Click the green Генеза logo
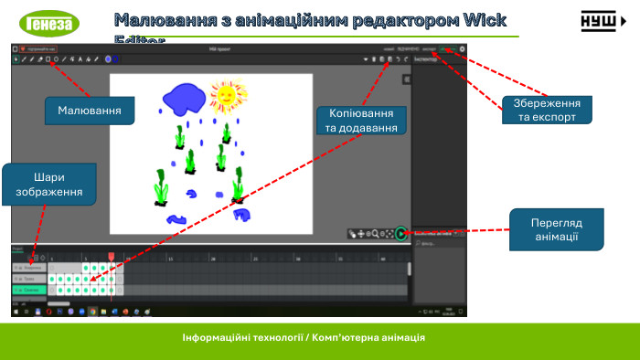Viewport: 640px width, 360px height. click(49, 22)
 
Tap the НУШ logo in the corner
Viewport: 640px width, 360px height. click(603, 22)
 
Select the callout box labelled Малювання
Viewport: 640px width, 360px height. click(90, 111)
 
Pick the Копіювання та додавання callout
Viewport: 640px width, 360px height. click(361, 121)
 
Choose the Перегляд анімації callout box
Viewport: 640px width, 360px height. click(557, 229)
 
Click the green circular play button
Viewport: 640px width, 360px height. click(400, 234)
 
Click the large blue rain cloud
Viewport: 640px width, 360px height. click(185, 98)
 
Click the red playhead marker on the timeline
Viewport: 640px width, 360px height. click(112, 257)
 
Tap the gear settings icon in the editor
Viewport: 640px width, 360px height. click(463, 48)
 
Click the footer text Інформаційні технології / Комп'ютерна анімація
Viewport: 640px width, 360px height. click(304, 337)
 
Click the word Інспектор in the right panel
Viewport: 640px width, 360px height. click(426, 59)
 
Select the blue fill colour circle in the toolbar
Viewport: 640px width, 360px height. click(108, 58)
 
